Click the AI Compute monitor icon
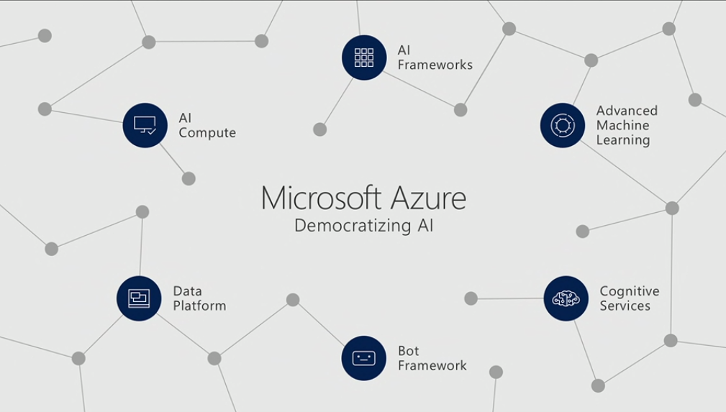[145, 125]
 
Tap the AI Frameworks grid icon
[364, 58]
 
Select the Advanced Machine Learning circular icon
[563, 125]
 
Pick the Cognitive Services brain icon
[566, 298]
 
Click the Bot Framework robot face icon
[363, 357]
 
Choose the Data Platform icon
[139, 298]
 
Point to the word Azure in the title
[427, 197]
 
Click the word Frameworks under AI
[435, 65]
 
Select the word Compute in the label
[207, 133]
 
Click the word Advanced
[627, 111]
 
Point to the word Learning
[623, 140]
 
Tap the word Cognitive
[630, 291]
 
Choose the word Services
[625, 306]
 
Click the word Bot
[409, 351]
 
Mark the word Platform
[199, 306]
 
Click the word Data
[187, 291]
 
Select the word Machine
[622, 125]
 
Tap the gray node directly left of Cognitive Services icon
[471, 298]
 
